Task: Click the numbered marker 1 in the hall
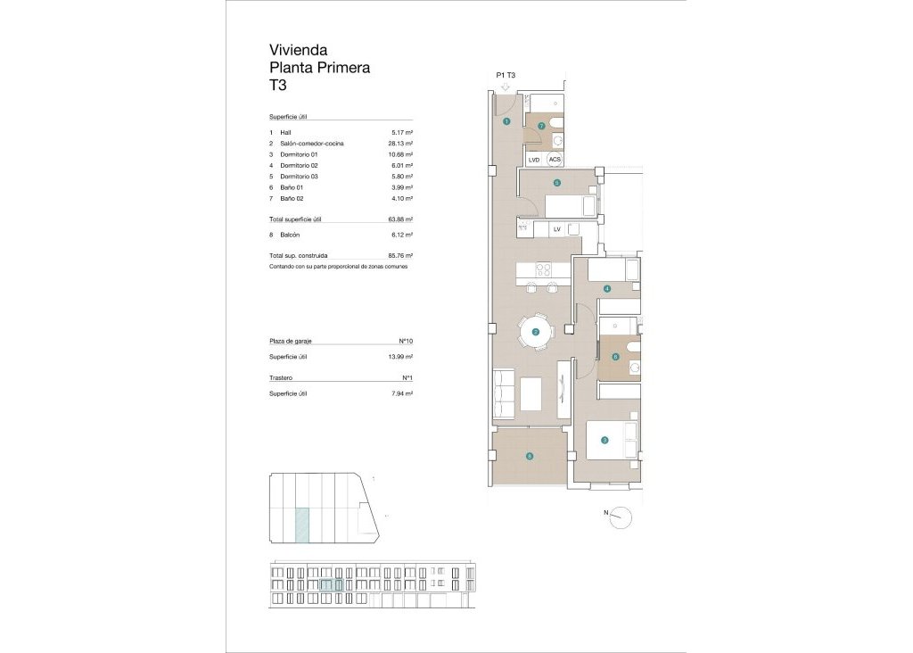point(506,121)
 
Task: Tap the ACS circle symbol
point(555,160)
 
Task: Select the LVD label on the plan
point(534,160)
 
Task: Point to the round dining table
point(536,332)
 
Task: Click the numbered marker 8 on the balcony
point(530,456)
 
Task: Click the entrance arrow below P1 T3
point(506,87)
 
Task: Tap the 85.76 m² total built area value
point(401,255)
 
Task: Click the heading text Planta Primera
point(319,68)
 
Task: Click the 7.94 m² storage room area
point(402,393)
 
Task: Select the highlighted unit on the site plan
point(303,525)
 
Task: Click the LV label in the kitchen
point(556,229)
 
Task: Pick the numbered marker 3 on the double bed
point(605,440)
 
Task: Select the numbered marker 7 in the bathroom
point(541,126)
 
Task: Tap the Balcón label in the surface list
point(290,235)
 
